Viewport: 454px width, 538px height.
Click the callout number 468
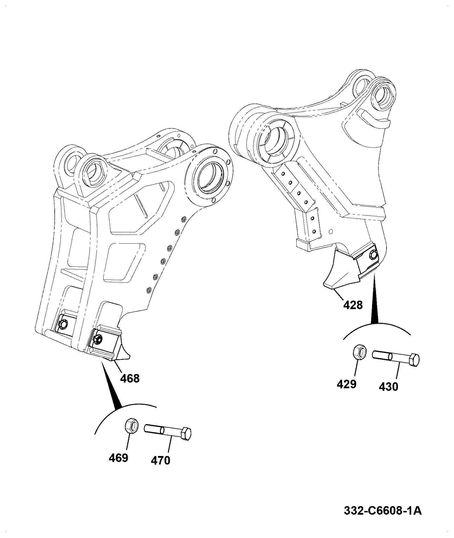[x=130, y=379]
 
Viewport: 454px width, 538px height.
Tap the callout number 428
[x=353, y=305]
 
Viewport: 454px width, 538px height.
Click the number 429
[x=346, y=384]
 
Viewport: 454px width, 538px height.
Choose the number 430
[x=389, y=387]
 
